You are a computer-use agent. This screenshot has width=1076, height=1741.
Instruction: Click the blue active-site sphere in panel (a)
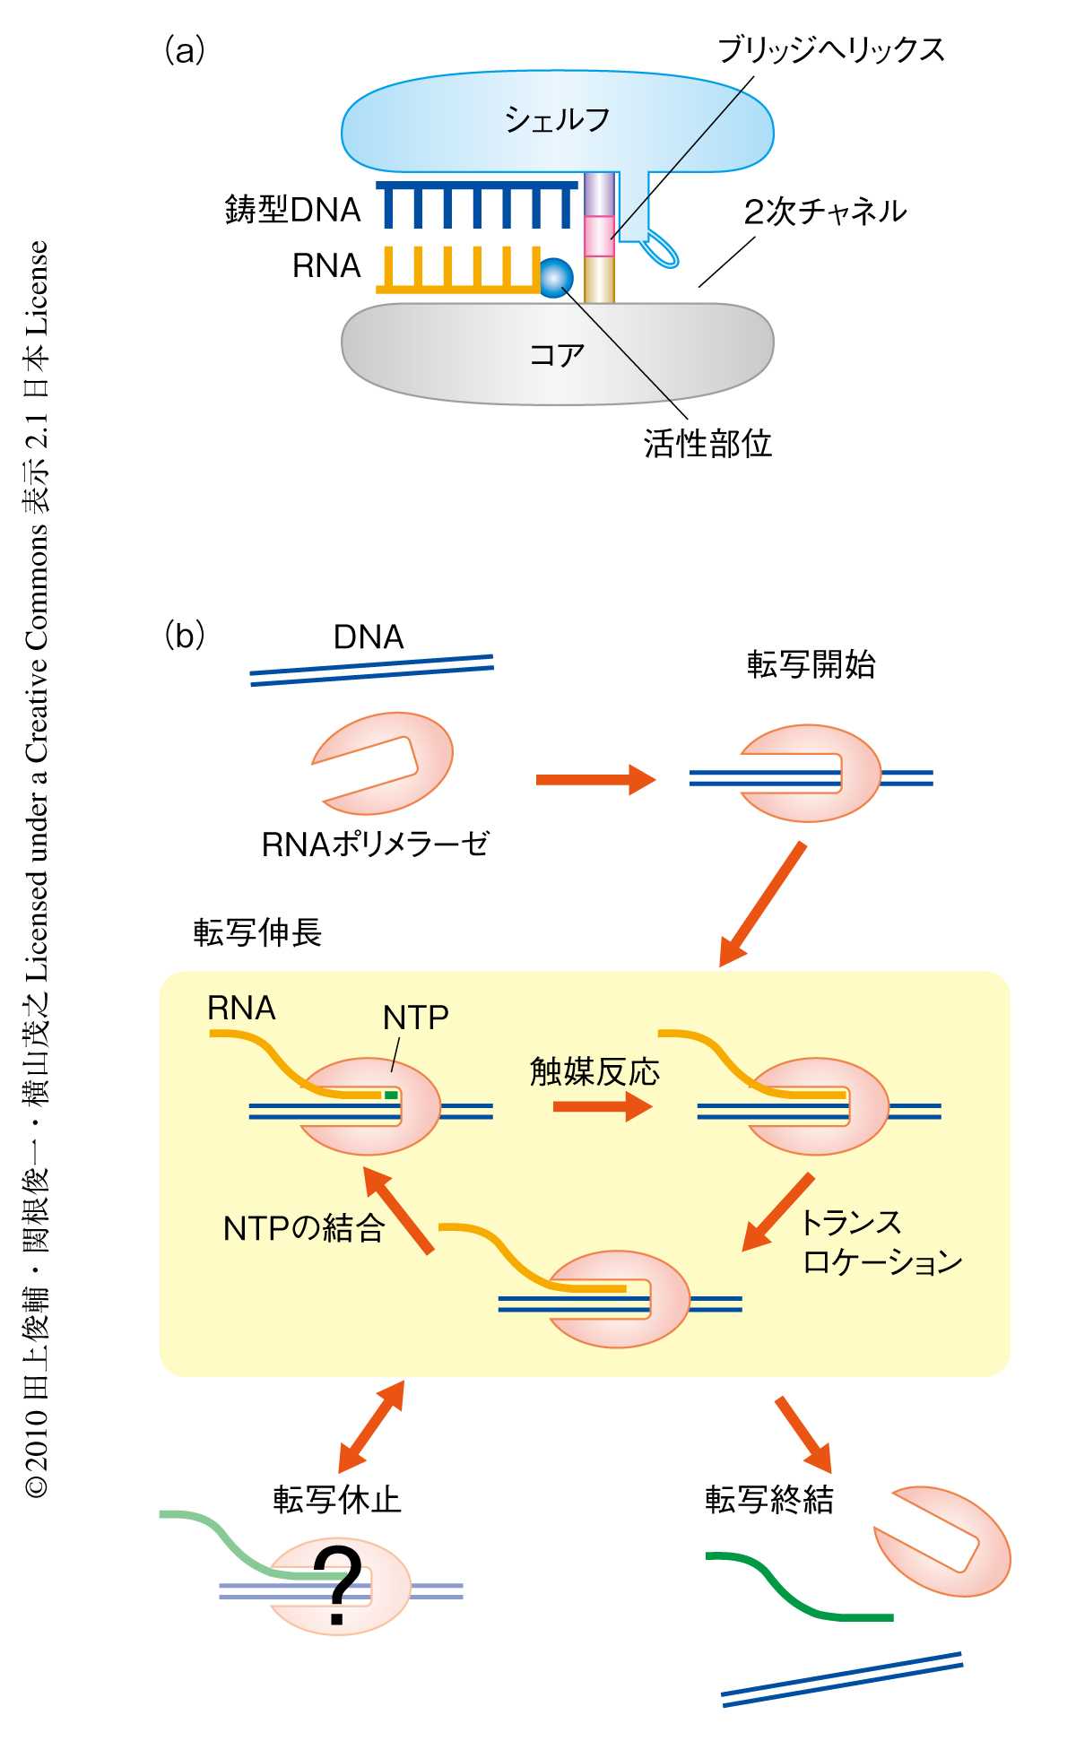click(x=556, y=278)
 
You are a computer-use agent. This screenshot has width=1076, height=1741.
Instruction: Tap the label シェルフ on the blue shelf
click(x=557, y=119)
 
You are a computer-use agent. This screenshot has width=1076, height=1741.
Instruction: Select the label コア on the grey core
click(x=557, y=355)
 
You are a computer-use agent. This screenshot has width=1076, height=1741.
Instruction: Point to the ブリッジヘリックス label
click(x=831, y=50)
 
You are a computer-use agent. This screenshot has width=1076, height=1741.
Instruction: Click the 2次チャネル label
click(x=825, y=212)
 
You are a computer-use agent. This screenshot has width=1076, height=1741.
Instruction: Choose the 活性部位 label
click(x=707, y=443)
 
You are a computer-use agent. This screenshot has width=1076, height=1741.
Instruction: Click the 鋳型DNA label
click(x=292, y=210)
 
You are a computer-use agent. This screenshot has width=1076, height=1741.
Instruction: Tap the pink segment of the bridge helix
click(x=599, y=236)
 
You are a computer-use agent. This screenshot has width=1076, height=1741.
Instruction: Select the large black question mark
click(x=337, y=1585)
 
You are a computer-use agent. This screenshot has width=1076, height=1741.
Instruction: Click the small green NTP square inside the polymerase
click(x=391, y=1095)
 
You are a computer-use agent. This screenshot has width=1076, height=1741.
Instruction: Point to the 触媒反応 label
click(x=594, y=1072)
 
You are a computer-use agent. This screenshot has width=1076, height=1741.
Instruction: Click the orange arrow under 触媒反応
click(x=602, y=1107)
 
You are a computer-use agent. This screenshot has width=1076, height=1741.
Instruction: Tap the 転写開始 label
click(x=811, y=664)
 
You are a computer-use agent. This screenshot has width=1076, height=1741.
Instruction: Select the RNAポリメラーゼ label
click(x=376, y=844)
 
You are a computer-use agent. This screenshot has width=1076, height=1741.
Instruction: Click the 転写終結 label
click(x=769, y=1499)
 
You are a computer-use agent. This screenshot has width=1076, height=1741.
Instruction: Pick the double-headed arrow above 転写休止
click(x=371, y=1426)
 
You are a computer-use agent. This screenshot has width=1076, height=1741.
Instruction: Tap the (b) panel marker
click(x=185, y=636)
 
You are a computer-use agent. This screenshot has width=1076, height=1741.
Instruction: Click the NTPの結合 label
click(x=304, y=1227)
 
